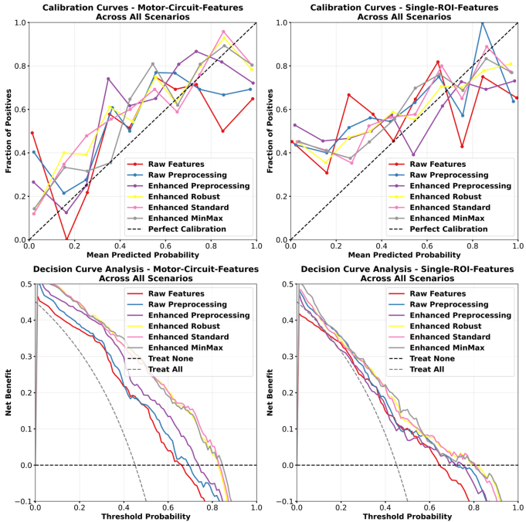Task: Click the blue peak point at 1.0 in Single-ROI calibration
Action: coord(483,22)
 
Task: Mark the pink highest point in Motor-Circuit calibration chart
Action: coord(223,32)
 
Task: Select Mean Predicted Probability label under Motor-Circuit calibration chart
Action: coord(144,254)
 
